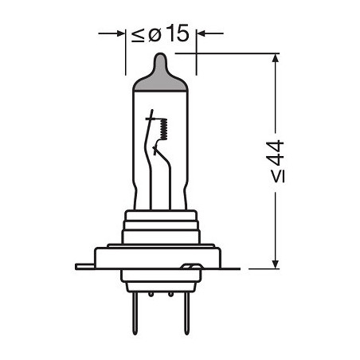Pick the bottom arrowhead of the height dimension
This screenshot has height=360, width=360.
click(x=276, y=260)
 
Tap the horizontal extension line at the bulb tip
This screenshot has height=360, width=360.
click(x=231, y=53)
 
